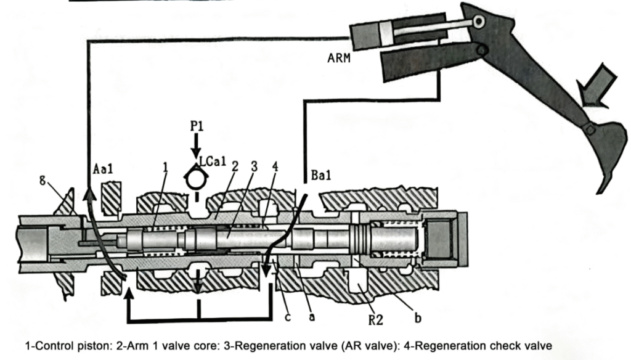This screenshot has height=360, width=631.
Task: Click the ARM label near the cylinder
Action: click(x=340, y=60)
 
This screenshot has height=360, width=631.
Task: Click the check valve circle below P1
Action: click(x=195, y=178)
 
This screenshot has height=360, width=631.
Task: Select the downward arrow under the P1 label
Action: click(x=195, y=146)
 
